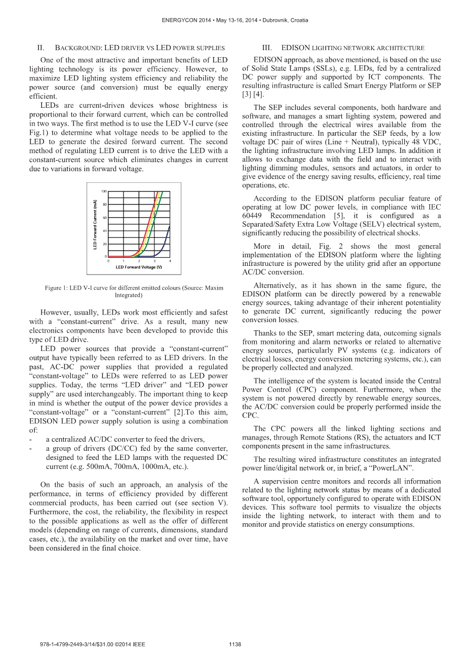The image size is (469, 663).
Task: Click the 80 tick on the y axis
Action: [x=104, y=205]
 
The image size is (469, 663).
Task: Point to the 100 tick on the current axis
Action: [x=104, y=191]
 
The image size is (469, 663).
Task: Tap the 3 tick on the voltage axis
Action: [x=154, y=261]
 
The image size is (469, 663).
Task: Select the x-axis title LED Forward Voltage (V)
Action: [x=139, y=267]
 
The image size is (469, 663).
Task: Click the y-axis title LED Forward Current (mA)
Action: [x=95, y=224]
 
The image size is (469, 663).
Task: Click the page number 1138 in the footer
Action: [x=235, y=644]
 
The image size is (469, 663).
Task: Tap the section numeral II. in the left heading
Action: [x=41, y=48]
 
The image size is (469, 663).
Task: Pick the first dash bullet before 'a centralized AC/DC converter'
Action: [x=31, y=439]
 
